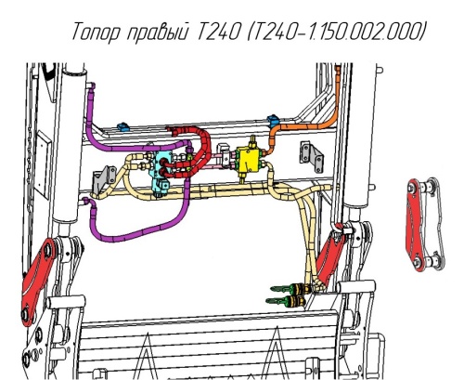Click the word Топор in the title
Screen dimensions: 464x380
[96, 31]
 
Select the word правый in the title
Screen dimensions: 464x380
[158, 32]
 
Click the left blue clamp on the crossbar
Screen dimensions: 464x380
[122, 126]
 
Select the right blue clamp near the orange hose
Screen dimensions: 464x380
[273, 120]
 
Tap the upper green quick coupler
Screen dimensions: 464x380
[290, 289]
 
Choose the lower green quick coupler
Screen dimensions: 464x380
[285, 300]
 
